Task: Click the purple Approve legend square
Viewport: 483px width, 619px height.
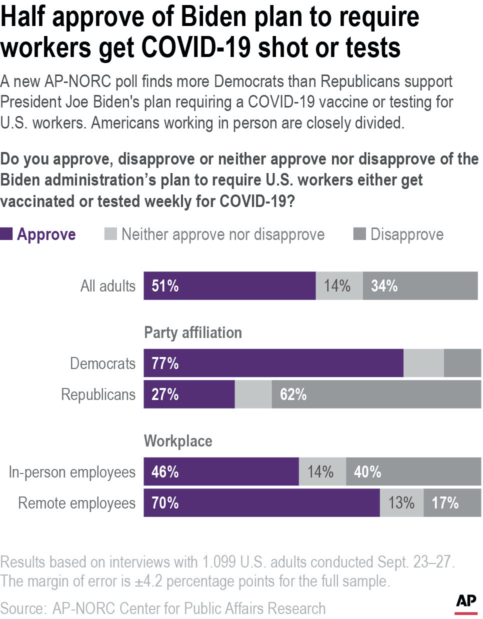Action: tap(6, 233)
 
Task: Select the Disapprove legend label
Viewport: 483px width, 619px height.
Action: tap(406, 234)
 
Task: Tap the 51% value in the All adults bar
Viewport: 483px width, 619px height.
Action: tap(165, 286)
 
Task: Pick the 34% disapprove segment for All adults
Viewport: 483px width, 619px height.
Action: tap(420, 286)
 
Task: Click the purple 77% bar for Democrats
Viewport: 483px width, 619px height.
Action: tap(273, 363)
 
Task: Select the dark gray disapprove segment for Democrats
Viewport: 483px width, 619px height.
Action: tap(462, 363)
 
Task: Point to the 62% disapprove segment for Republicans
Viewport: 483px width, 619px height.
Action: tap(376, 394)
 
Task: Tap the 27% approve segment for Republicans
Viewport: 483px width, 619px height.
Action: tap(189, 394)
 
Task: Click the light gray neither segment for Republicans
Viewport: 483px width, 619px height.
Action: tap(253, 394)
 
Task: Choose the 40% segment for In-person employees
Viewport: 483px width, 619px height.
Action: tap(413, 471)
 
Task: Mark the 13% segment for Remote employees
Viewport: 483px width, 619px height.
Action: tap(401, 502)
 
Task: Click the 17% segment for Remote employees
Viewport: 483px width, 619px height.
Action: tap(452, 502)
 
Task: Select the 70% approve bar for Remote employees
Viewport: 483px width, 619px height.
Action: tap(261, 502)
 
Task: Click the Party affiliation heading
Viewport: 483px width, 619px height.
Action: tap(192, 332)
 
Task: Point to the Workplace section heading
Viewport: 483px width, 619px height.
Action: tap(178, 441)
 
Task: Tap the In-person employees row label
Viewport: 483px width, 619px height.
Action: tap(72, 472)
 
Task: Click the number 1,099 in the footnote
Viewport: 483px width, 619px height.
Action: tap(218, 562)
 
